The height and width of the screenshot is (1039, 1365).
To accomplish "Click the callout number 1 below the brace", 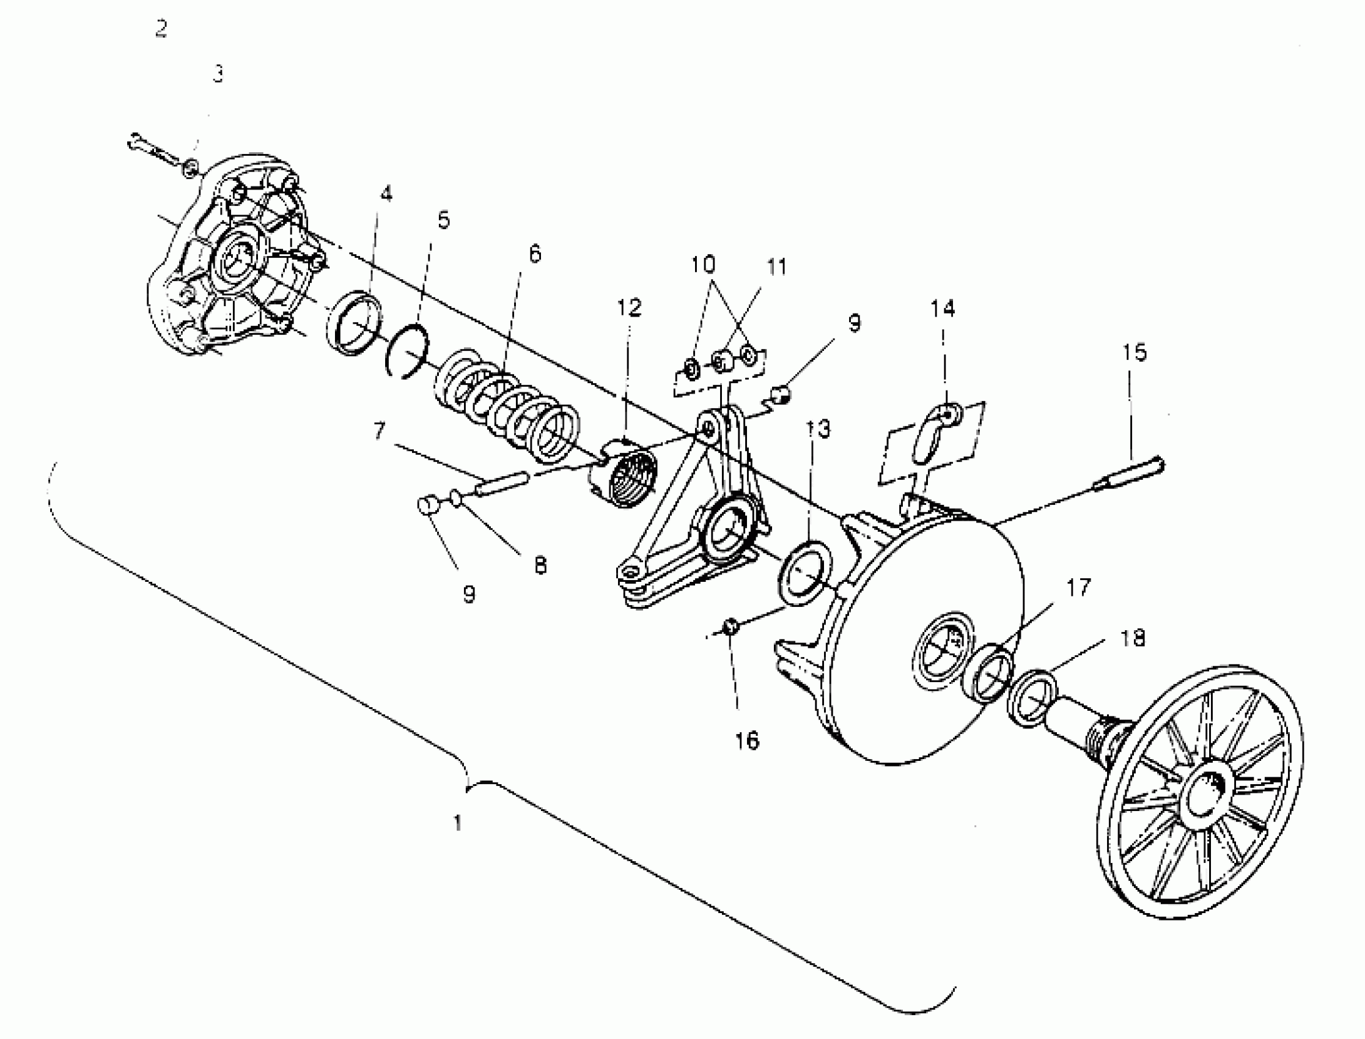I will click(458, 823).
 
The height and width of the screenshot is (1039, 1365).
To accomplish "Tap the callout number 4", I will click(386, 194).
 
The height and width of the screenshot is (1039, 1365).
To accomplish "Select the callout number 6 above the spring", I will click(534, 254).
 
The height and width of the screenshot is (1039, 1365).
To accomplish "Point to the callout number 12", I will click(629, 307).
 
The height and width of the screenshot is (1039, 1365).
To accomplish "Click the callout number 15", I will click(1135, 353).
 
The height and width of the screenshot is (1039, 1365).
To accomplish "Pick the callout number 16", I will click(746, 740).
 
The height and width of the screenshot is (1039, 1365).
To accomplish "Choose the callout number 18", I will click(1133, 637).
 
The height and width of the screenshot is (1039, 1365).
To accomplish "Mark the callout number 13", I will click(819, 428).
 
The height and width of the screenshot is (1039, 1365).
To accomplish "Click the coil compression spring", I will click(507, 408).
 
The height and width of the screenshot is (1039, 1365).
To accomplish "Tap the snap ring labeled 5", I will click(407, 351).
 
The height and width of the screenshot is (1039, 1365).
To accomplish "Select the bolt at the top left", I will click(152, 149).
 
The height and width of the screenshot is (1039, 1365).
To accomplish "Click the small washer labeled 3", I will click(192, 166).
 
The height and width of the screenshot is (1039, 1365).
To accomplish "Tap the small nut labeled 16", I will click(730, 626).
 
